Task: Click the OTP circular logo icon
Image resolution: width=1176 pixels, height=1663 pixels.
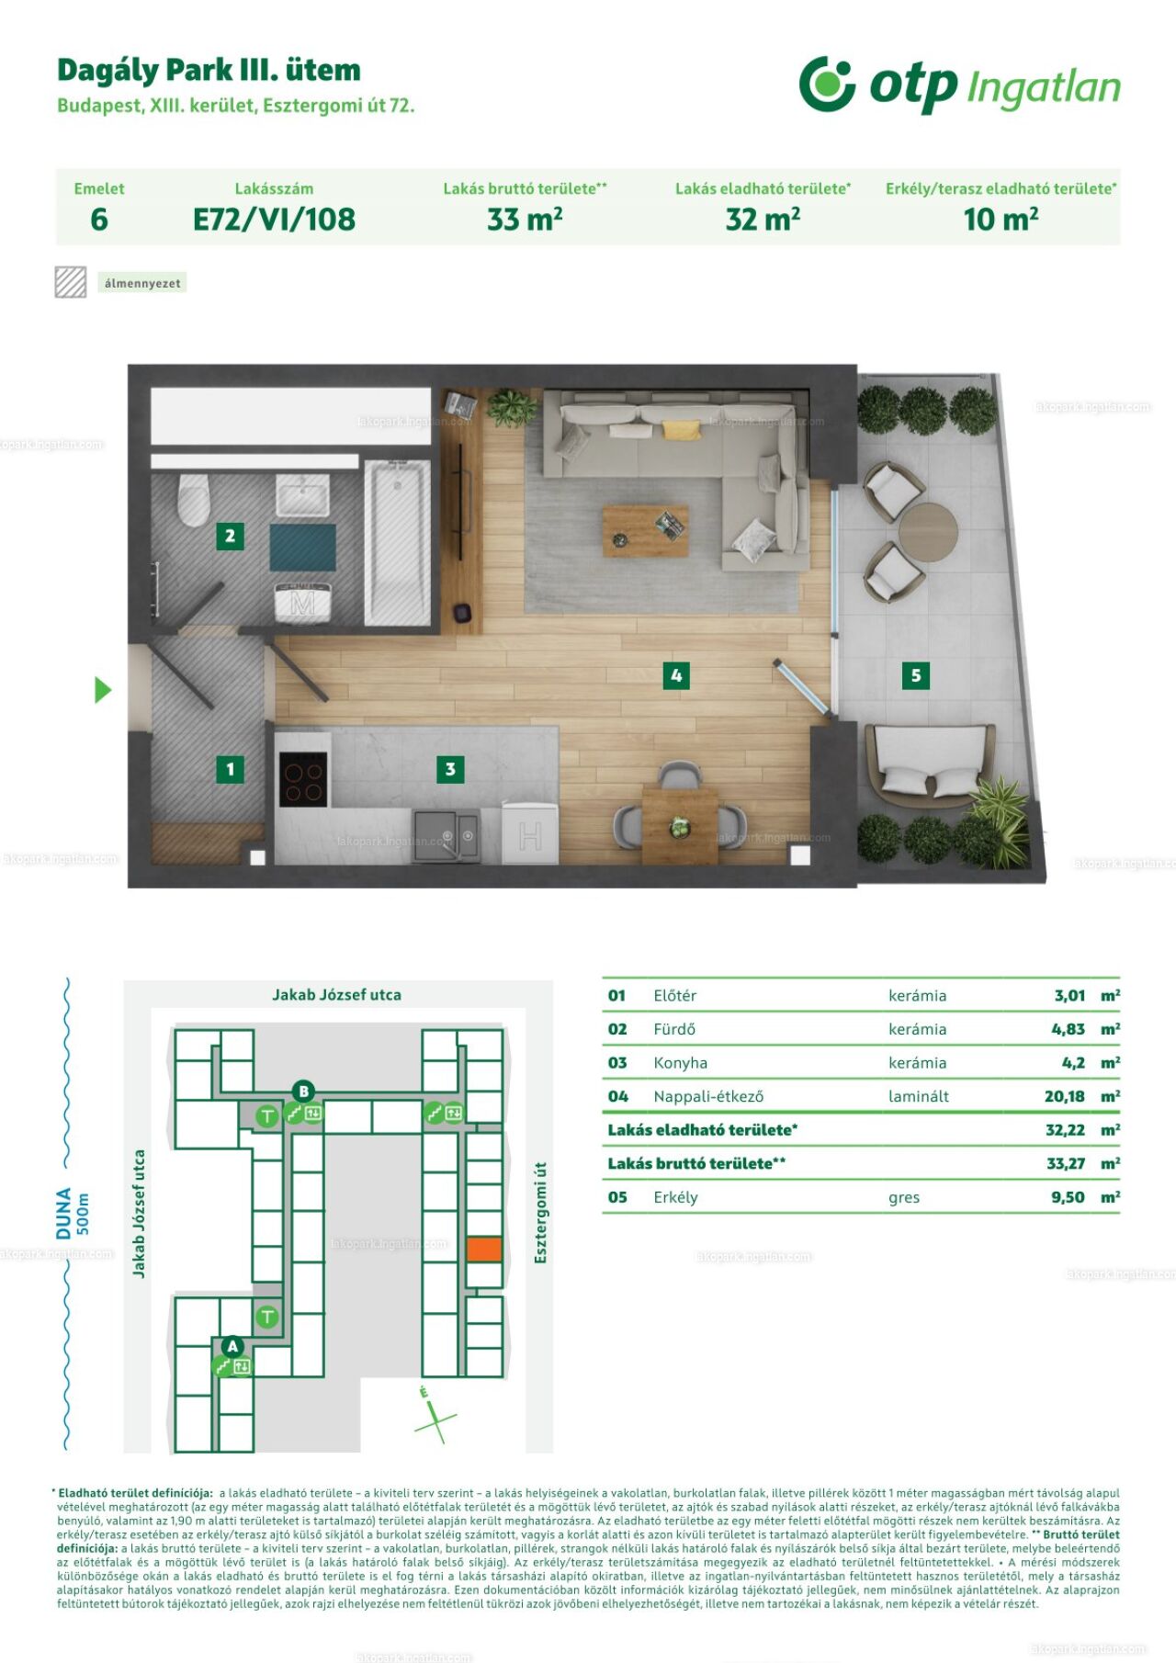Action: click(x=827, y=84)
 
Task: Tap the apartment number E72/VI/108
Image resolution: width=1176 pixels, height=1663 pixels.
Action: click(x=274, y=220)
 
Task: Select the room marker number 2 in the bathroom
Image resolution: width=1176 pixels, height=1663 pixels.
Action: click(x=230, y=536)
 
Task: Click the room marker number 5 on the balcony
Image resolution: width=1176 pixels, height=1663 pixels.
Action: click(x=915, y=675)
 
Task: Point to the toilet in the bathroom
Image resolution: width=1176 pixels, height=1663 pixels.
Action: click(x=194, y=500)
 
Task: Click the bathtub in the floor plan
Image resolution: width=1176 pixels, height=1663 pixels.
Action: click(x=398, y=543)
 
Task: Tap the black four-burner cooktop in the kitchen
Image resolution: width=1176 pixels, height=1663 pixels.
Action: click(x=302, y=779)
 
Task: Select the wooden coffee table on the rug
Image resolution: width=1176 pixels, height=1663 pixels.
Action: click(x=645, y=531)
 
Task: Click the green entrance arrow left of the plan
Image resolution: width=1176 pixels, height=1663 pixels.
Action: click(x=103, y=690)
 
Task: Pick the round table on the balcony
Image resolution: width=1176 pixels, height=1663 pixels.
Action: click(x=928, y=532)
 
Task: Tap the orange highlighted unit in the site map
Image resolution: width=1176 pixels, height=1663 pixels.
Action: click(x=484, y=1249)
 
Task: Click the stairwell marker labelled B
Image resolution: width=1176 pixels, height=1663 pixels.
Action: click(x=302, y=1092)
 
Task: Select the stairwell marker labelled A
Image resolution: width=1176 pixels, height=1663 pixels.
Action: click(x=232, y=1346)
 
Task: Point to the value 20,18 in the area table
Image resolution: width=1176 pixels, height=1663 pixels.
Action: click(x=1064, y=1096)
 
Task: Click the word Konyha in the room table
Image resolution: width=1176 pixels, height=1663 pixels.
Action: click(x=680, y=1063)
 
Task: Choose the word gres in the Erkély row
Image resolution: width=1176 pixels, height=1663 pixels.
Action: click(x=904, y=1198)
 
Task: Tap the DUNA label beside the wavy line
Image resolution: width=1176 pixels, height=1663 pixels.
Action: click(x=64, y=1214)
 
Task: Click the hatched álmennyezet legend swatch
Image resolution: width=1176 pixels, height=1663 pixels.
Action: click(x=71, y=282)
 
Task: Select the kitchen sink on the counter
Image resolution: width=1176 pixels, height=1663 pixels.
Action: click(x=446, y=835)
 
